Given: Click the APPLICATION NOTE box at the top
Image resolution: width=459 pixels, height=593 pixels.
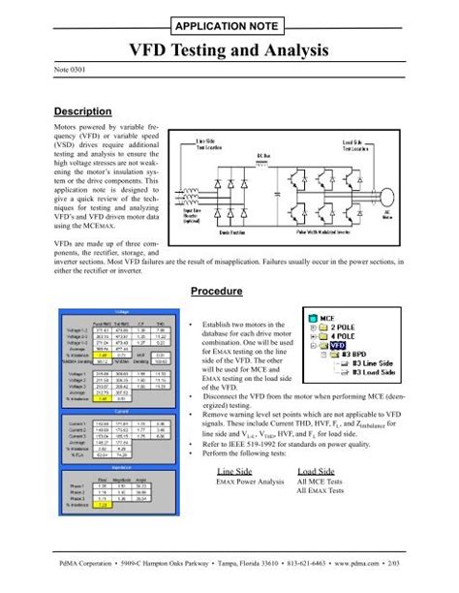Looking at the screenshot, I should pos(229,25).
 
